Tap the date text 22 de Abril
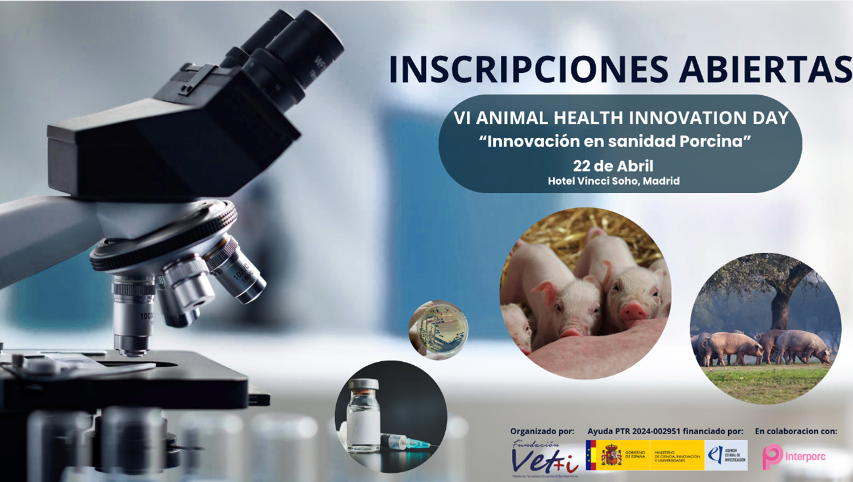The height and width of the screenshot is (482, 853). (x=613, y=166)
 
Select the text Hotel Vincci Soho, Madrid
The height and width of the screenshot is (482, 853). (x=613, y=181)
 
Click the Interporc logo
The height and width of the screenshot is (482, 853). (x=794, y=456)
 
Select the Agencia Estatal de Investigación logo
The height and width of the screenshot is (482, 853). (x=726, y=455)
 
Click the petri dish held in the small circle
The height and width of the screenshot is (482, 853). (x=439, y=330)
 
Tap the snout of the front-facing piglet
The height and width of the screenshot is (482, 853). (x=632, y=311)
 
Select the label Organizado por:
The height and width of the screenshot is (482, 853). (x=542, y=431)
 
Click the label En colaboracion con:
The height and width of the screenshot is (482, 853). (x=796, y=431)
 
